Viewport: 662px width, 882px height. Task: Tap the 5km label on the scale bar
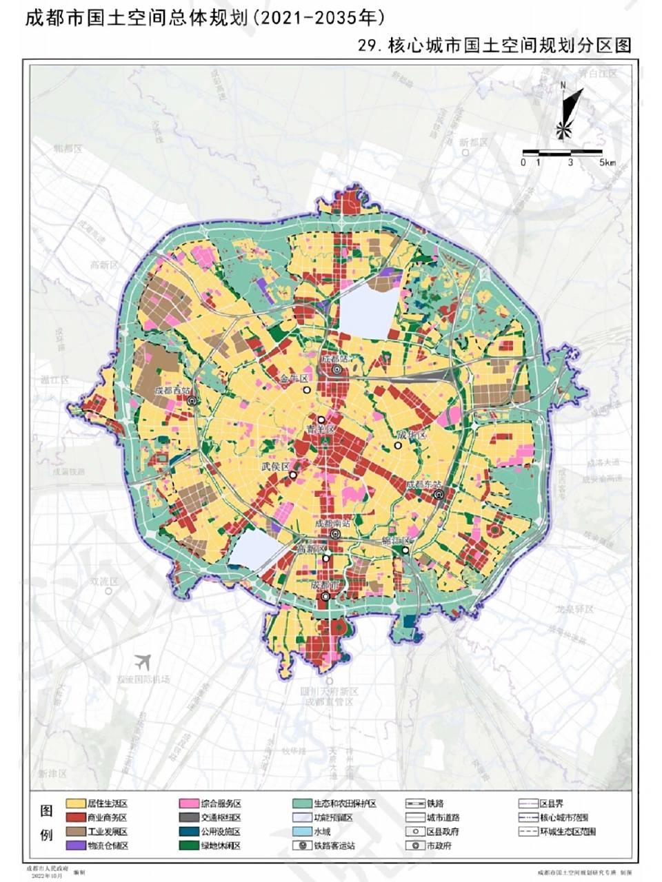point(608,163)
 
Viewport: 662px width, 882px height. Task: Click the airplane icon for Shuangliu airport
point(144,661)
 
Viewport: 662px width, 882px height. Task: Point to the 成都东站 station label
point(423,484)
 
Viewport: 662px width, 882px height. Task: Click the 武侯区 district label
point(275,466)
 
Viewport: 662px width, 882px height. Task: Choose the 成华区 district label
point(412,435)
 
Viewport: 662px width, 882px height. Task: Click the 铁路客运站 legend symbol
point(302,845)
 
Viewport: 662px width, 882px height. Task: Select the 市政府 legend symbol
point(416,845)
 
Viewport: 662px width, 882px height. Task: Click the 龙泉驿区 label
point(575,610)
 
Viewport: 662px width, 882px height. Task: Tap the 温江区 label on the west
point(54,380)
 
